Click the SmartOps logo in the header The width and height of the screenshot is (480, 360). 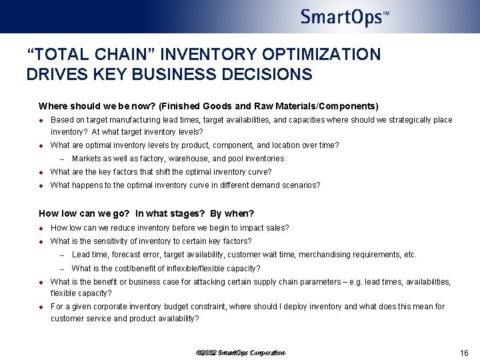[344, 17]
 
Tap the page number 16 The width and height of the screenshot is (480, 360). [465, 353]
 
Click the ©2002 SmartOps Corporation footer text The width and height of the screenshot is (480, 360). [241, 353]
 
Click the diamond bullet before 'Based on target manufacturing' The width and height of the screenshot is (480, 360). [41, 121]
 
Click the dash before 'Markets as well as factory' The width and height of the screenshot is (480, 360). [61, 159]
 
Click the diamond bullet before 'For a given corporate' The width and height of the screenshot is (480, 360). [41, 307]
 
